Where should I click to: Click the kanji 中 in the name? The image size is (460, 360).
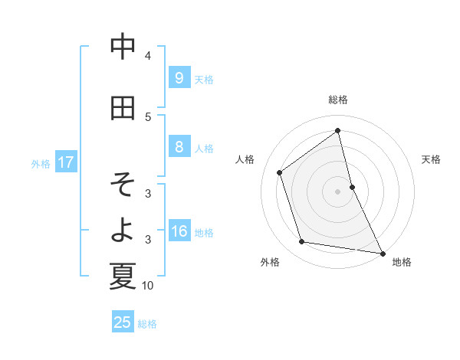click(123, 47)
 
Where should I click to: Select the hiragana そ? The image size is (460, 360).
click(123, 185)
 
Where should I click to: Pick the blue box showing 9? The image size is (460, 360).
click(179, 77)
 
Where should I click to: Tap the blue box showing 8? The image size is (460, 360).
click(179, 148)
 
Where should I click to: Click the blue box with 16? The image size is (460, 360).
click(179, 232)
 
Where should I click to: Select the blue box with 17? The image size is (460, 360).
click(66, 162)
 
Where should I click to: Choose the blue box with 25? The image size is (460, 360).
click(123, 322)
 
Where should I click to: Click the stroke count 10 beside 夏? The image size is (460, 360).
click(148, 286)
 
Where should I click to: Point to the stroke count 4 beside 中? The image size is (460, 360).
click(148, 56)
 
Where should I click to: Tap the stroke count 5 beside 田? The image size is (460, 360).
click(148, 117)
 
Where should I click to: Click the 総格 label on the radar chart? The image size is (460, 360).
click(337, 100)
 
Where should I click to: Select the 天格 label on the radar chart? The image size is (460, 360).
click(431, 159)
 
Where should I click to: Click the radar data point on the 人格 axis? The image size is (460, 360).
click(280, 172)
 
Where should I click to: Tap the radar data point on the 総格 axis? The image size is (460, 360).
click(337, 130)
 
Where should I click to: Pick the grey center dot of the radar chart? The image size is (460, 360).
click(337, 191)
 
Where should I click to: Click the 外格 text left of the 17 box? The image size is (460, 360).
click(41, 163)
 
